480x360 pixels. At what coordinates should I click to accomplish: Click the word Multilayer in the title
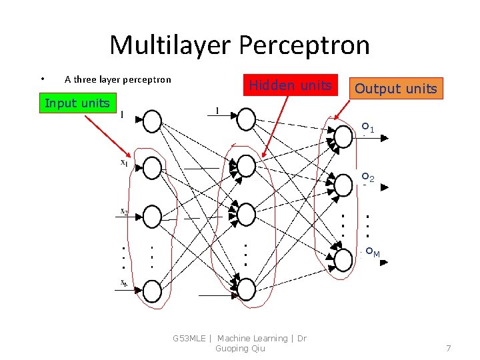(170, 45)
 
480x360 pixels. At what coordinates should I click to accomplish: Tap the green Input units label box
(77, 103)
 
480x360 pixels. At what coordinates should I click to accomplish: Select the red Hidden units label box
(290, 85)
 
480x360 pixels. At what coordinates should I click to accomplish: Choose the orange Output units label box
(396, 89)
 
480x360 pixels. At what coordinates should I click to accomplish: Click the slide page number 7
(449, 349)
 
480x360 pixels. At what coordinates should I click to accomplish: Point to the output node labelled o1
(343, 137)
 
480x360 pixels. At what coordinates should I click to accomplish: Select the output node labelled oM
(343, 259)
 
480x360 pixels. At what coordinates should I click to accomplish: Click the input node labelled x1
(152, 167)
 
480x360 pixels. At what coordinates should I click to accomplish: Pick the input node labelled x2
(152, 215)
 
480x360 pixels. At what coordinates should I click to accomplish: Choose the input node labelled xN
(152, 291)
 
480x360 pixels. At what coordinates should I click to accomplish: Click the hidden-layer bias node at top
(246, 119)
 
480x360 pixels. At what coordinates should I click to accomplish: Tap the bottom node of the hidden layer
(246, 289)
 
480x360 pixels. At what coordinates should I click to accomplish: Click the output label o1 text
(368, 127)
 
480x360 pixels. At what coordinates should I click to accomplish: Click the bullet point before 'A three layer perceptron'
(41, 79)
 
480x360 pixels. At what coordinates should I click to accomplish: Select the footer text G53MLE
(189, 339)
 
